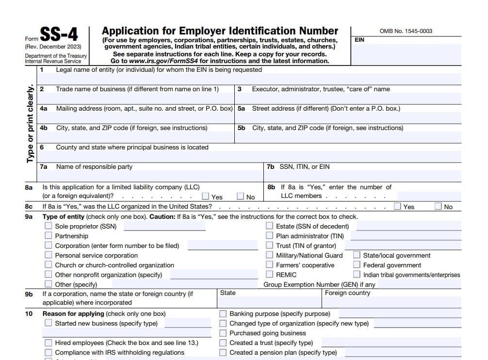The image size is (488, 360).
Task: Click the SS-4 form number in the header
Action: (x=58, y=35)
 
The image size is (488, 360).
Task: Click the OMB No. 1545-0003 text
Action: (x=406, y=31)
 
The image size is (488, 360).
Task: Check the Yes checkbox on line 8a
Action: (x=206, y=196)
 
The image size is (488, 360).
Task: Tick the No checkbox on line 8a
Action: (x=241, y=196)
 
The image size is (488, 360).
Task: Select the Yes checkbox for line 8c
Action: (x=398, y=206)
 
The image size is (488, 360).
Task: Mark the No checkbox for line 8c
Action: (x=439, y=206)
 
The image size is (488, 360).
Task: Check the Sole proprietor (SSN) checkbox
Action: (x=49, y=226)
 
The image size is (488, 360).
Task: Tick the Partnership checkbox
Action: (x=49, y=236)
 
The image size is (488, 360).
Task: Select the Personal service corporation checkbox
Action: (x=49, y=255)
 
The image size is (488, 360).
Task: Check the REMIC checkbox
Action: (x=270, y=275)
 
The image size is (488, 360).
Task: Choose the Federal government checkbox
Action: (x=357, y=265)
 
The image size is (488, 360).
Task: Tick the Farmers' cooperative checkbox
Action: (x=270, y=265)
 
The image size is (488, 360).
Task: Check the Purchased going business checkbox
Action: (x=223, y=333)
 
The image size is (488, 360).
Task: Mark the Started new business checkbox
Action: (x=49, y=323)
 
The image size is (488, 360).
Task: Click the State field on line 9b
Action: (x=269, y=302)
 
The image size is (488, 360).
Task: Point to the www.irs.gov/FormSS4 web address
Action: (x=164, y=61)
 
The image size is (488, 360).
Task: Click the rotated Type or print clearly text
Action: (x=30, y=124)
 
